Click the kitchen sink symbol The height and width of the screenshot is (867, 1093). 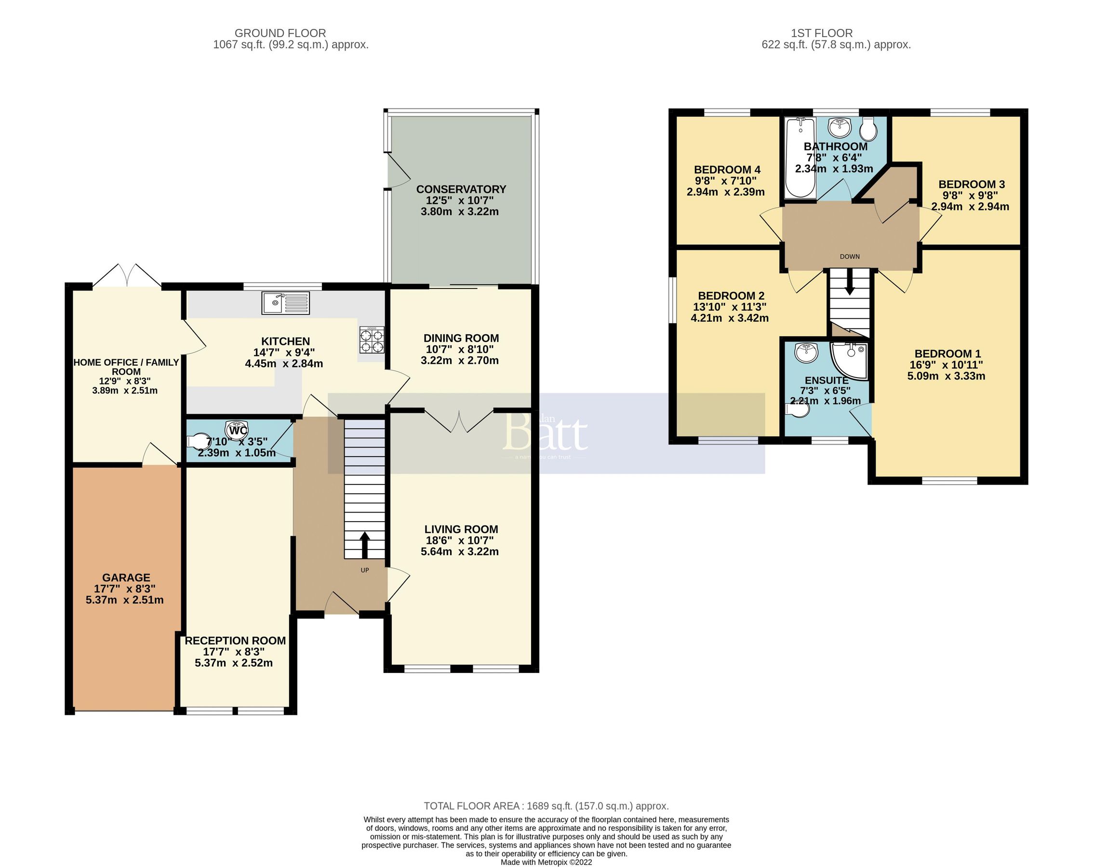coord(285,302)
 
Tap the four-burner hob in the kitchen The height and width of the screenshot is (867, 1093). coord(372,340)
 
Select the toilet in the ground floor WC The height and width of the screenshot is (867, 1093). coord(199,441)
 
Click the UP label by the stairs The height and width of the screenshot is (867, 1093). coord(364,570)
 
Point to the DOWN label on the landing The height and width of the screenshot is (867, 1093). coord(850,256)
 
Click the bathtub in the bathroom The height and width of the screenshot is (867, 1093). coord(800,158)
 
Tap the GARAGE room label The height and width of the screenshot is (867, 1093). coord(126,578)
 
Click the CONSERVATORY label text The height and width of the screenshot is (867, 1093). coord(461,189)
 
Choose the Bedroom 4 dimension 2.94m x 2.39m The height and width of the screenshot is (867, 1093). coord(725,192)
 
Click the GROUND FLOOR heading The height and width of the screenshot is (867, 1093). coord(280,33)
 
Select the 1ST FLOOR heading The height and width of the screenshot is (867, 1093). coord(822,33)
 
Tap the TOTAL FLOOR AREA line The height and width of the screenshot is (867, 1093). coord(546,806)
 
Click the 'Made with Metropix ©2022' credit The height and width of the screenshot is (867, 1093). coord(546,862)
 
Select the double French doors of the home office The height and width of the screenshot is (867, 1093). coord(127,276)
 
